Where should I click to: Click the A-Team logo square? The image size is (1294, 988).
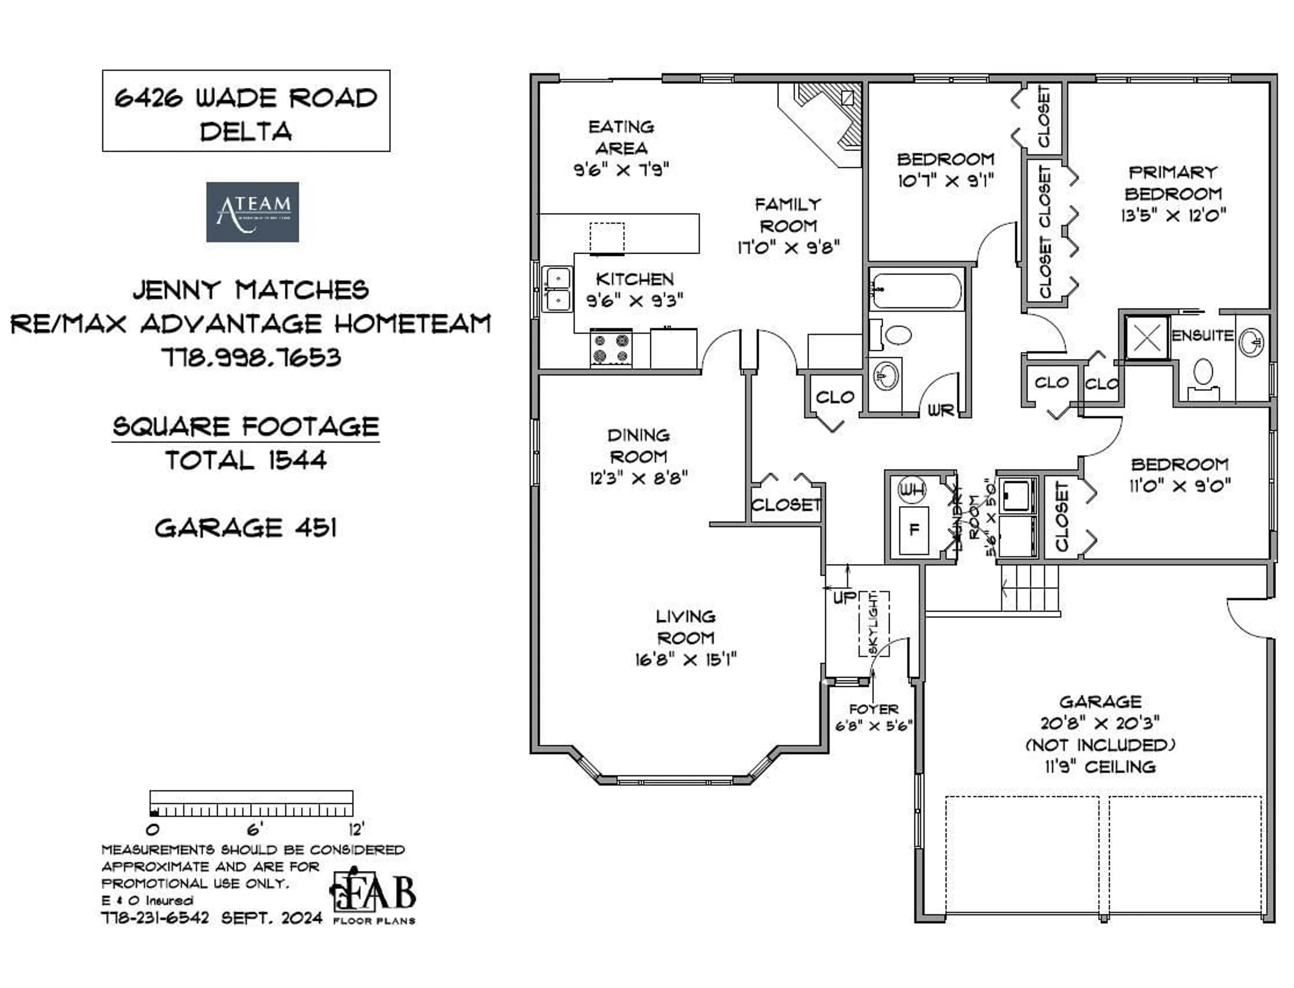click(252, 212)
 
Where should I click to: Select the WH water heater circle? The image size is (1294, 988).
click(912, 489)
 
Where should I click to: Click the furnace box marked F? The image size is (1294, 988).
click(914, 530)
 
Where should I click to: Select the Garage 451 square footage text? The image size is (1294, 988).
click(246, 528)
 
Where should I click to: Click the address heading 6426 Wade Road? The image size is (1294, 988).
click(246, 98)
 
